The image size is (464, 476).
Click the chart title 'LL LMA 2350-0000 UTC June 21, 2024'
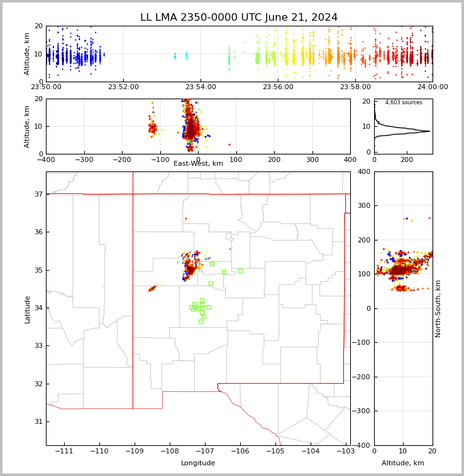(x=239, y=18)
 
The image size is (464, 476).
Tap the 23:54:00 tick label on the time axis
(x=201, y=87)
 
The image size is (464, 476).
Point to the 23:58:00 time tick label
(x=355, y=87)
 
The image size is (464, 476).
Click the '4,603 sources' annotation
(x=404, y=102)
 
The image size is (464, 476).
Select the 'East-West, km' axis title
(x=198, y=164)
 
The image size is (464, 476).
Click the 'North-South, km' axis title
(x=438, y=309)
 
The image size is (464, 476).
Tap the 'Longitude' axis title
(x=198, y=463)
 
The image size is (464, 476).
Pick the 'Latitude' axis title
(x=27, y=310)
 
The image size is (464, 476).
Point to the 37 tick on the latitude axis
(x=38, y=194)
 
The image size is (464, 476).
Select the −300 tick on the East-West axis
(x=84, y=160)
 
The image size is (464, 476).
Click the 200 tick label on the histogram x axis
(x=407, y=160)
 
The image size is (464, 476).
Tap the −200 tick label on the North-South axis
(x=362, y=377)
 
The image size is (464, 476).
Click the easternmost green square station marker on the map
(x=240, y=271)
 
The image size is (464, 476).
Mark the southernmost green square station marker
(x=201, y=322)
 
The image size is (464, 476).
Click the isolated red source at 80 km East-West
(x=229, y=144)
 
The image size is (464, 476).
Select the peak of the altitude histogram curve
(x=429, y=131)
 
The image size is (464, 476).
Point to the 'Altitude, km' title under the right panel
(x=403, y=463)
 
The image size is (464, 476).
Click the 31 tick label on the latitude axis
(x=38, y=421)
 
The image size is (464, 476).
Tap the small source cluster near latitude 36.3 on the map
(x=186, y=219)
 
